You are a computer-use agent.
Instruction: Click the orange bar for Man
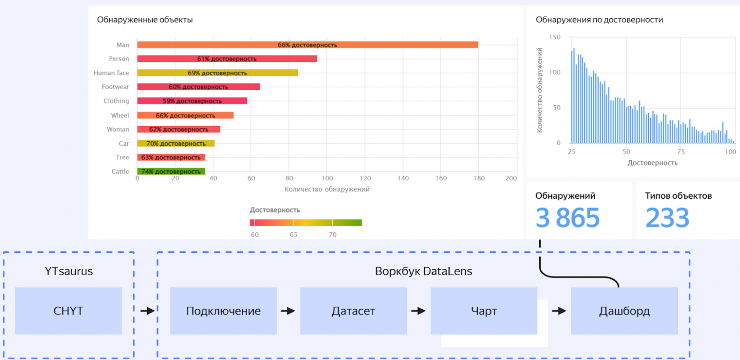(x=307, y=45)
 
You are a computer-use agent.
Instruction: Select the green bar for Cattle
(x=171, y=172)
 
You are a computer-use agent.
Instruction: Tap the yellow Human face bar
(x=217, y=73)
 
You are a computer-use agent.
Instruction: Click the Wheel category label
(x=120, y=115)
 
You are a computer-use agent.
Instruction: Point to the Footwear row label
(x=115, y=87)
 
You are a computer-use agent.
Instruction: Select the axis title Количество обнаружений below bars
(x=326, y=189)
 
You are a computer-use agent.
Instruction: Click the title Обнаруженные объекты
(x=145, y=20)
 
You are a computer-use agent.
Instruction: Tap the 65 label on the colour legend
(x=294, y=235)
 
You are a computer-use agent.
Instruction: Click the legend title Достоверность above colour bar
(x=275, y=210)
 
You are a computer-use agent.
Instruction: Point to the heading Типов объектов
(x=678, y=196)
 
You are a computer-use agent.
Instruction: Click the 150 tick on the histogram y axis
(x=555, y=37)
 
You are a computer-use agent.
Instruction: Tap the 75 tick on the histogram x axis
(x=680, y=152)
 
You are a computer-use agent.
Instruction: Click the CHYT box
(x=68, y=311)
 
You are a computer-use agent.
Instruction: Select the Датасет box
(x=353, y=311)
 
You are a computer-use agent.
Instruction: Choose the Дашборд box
(x=624, y=311)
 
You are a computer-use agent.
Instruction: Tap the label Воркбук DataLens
(x=423, y=272)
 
